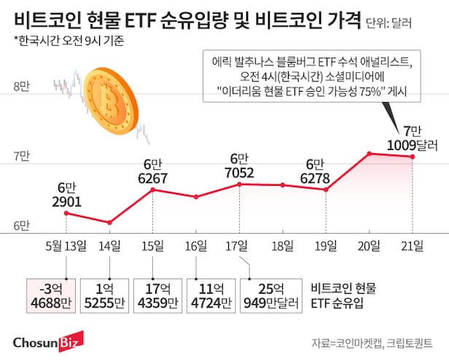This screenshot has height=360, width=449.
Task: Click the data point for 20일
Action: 370,153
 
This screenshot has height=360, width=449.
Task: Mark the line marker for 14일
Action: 109,222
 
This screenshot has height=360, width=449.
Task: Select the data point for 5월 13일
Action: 66,213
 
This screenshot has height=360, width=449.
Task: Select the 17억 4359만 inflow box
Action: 152,294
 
